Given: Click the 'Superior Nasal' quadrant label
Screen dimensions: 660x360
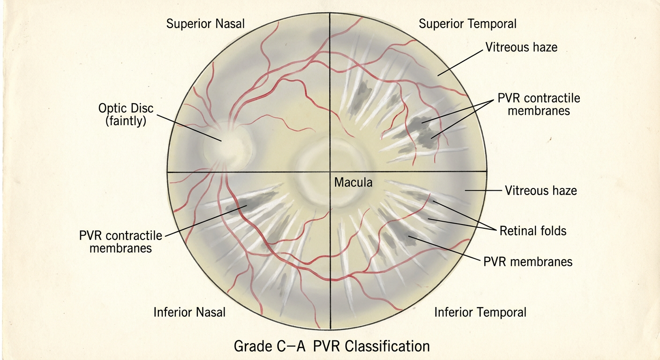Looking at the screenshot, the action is tap(205, 23).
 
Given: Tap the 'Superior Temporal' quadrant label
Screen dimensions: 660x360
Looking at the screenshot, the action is tap(468, 24).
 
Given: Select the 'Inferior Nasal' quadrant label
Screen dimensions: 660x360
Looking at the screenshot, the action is tap(189, 312).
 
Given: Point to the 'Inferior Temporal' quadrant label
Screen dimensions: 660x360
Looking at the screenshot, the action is tap(480, 312).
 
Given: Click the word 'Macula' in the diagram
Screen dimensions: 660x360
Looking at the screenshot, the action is tap(353, 182).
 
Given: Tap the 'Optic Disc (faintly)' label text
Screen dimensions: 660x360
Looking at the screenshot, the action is tap(126, 114).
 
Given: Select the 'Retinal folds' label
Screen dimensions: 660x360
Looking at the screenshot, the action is tap(533, 231).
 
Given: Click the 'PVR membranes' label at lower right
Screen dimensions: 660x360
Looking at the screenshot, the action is tap(528, 262).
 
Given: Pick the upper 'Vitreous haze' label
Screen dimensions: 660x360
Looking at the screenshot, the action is tap(521, 47).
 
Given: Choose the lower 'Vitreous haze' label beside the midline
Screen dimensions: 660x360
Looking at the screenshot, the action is tap(540, 191).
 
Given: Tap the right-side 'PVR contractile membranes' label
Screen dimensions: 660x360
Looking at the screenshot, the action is tap(539, 105).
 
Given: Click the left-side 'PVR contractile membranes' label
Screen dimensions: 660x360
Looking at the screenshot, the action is tap(120, 242).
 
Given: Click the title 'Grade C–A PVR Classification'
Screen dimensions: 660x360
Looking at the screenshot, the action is tap(332, 346).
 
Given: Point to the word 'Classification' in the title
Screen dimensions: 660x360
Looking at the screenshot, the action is tap(388, 346).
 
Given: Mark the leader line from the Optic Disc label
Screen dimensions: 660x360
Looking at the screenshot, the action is tap(189, 128).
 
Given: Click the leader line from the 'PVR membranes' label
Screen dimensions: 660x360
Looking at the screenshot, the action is tap(444, 248).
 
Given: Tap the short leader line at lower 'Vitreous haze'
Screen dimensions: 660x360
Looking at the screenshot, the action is tap(483, 191).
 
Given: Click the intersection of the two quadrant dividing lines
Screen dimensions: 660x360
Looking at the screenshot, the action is tap(330, 172).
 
